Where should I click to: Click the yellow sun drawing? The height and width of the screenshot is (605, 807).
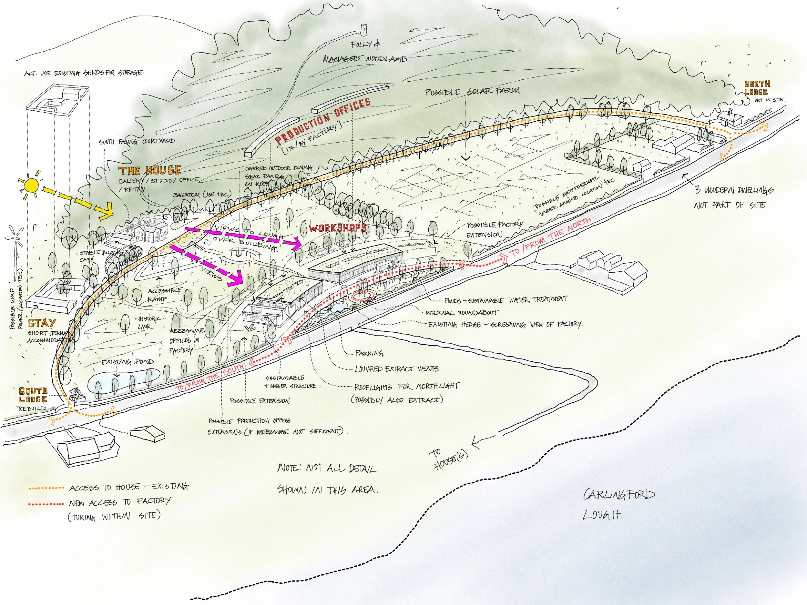pos(31,185)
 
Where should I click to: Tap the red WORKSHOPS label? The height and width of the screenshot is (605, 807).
pos(338,228)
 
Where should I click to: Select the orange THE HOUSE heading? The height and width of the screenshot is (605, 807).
pos(149,170)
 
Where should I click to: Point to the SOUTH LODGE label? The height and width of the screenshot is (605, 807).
pos(33,395)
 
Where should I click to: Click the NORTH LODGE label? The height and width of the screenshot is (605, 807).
pos(757,88)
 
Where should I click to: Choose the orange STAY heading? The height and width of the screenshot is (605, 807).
pos(42,323)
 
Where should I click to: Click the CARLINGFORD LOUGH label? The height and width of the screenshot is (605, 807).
pos(618,504)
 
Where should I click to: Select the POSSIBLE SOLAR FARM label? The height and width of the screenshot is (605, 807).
pos(473,91)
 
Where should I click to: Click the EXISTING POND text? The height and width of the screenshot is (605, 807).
pos(128,362)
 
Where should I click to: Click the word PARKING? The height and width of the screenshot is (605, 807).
pos(369,353)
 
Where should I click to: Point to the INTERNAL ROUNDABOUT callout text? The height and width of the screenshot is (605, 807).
pos(462,313)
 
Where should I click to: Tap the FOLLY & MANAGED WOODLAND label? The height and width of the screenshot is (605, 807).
pos(365,52)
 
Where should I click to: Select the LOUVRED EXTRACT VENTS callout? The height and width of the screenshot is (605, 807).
pos(397,369)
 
